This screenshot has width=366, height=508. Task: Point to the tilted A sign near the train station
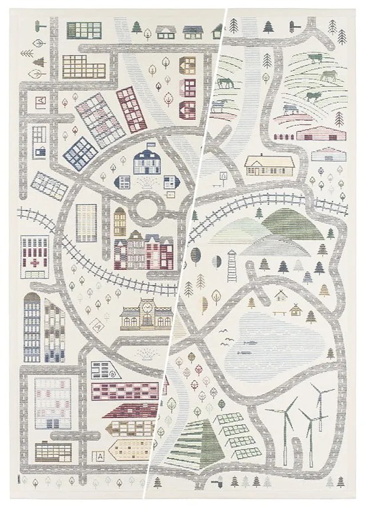(223, 176)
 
